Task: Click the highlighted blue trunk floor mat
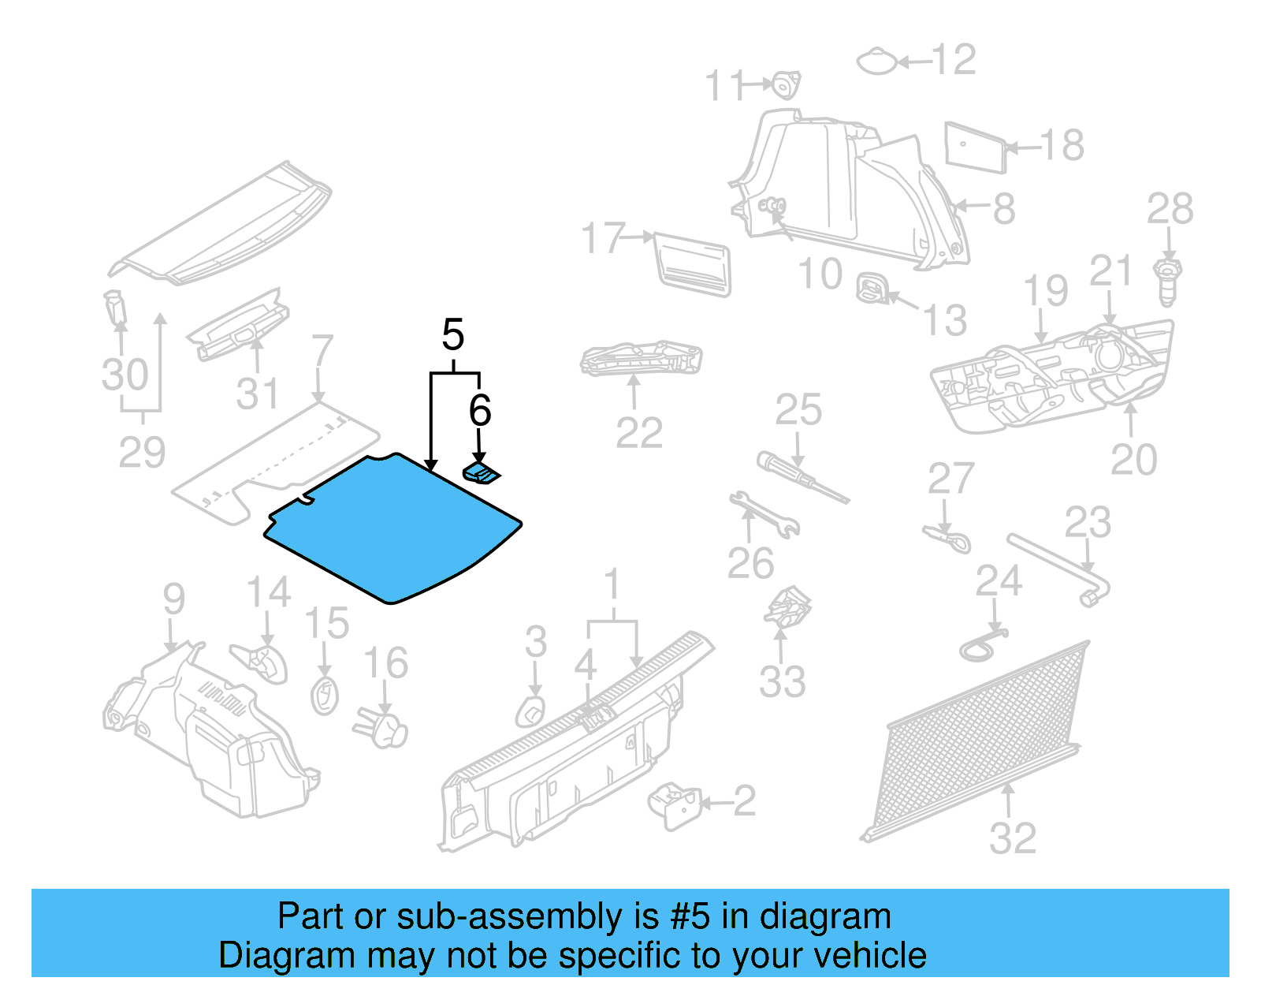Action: point(392,528)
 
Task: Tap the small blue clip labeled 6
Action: point(482,475)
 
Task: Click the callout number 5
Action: point(452,335)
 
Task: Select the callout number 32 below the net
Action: point(1012,838)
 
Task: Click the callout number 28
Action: point(1170,210)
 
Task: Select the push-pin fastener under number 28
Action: point(1168,282)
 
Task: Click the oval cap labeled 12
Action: point(876,62)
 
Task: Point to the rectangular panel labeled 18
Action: point(975,147)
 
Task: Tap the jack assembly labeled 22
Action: point(640,359)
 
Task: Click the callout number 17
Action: point(603,238)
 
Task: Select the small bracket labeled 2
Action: point(674,805)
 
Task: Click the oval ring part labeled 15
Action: point(324,696)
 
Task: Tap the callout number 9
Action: point(173,599)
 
